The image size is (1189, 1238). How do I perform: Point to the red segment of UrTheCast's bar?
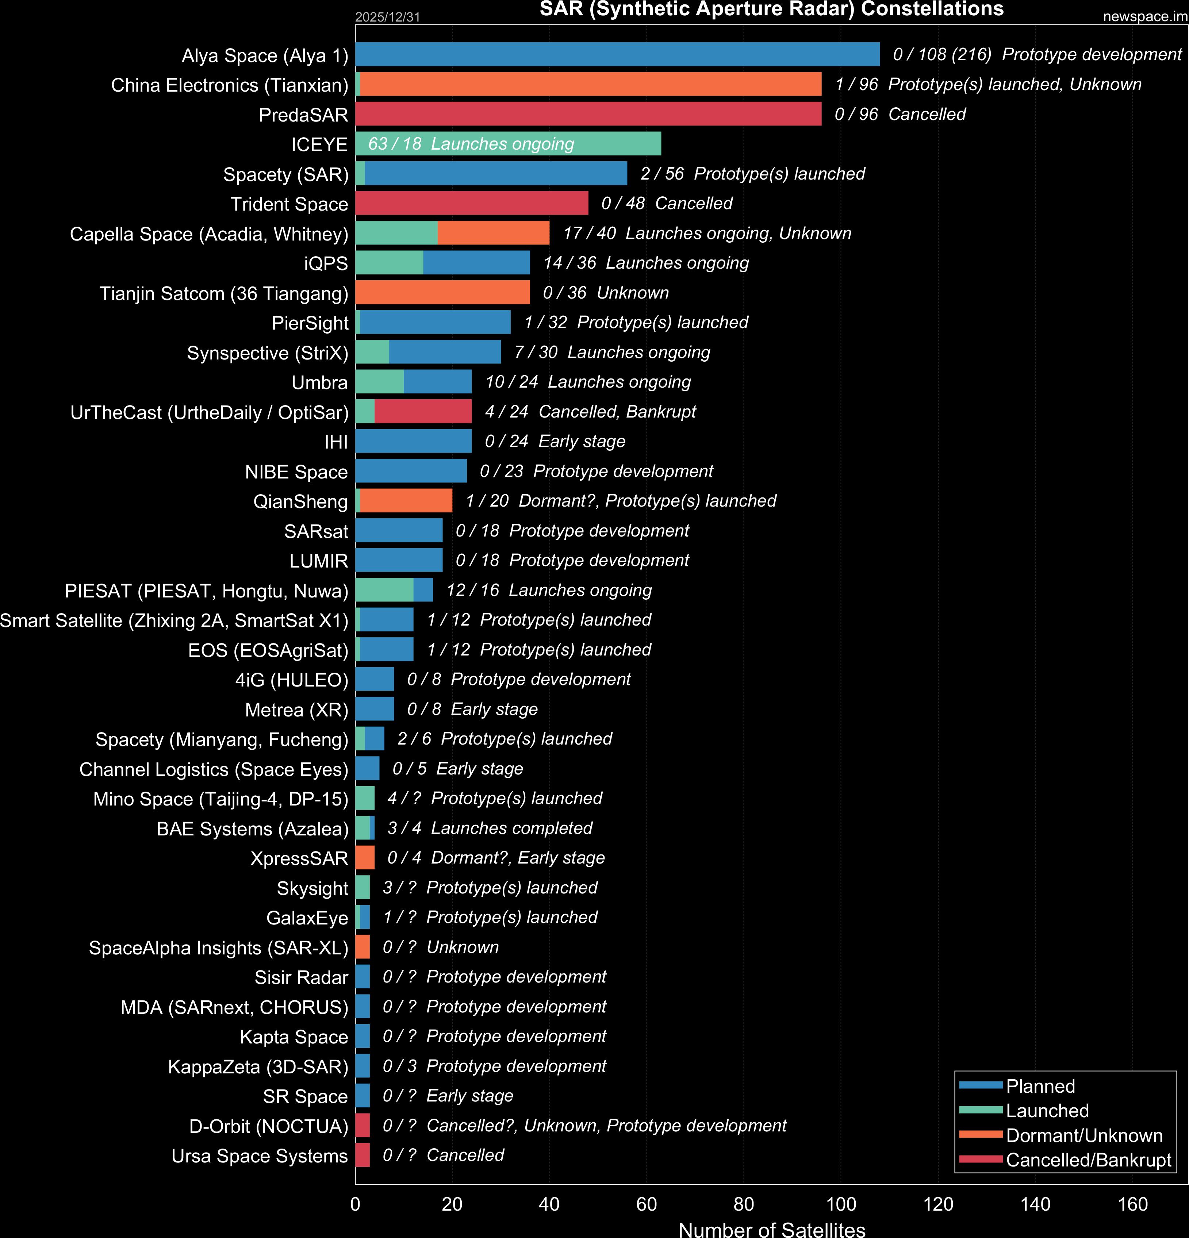423,411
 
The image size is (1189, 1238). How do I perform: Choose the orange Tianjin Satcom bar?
442,292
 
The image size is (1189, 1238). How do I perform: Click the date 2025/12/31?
387,17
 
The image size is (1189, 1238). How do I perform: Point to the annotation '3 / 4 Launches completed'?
490,828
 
